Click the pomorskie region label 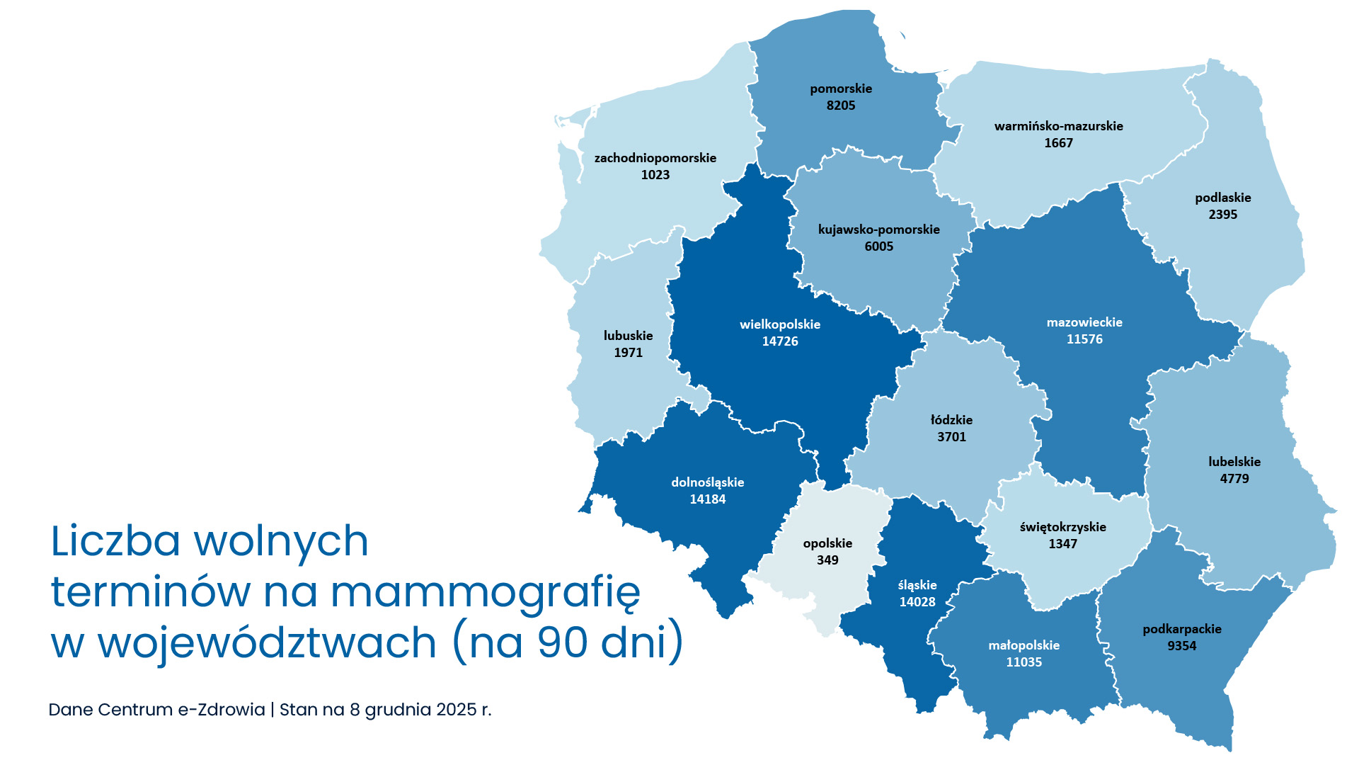click(x=841, y=89)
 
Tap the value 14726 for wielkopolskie click(x=780, y=341)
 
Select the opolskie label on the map click(x=827, y=543)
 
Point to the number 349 click(x=827, y=560)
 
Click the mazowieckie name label click(x=1084, y=322)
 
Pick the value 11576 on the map click(x=1084, y=339)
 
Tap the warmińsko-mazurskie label click(x=1058, y=126)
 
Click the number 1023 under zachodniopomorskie click(x=655, y=175)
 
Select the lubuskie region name click(x=628, y=336)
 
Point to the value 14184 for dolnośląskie click(x=708, y=499)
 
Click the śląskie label click(x=917, y=585)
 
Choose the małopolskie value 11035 click(x=1024, y=662)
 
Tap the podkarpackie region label click(x=1182, y=629)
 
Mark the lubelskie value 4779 click(x=1234, y=479)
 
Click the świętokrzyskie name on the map click(x=1062, y=527)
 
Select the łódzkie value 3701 click(x=951, y=437)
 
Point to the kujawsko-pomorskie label click(x=878, y=229)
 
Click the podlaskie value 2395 click(x=1223, y=215)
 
